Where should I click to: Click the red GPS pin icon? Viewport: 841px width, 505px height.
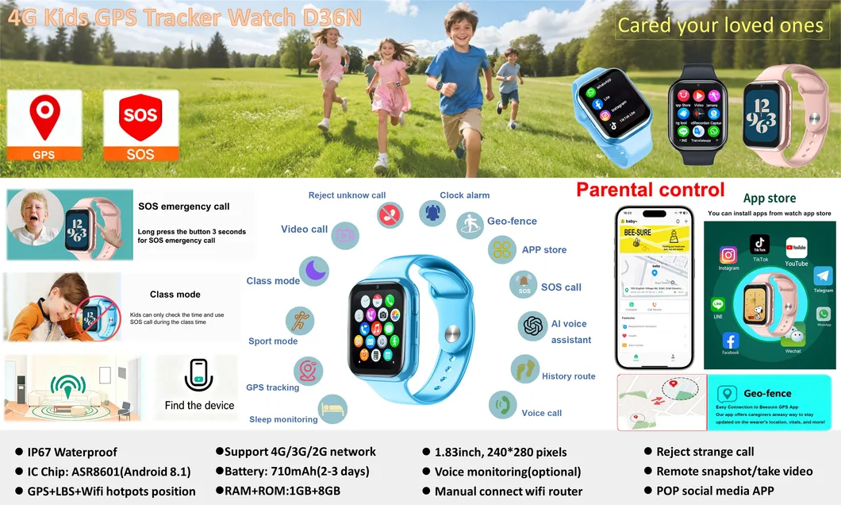[44, 117]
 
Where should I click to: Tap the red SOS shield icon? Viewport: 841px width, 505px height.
[140, 118]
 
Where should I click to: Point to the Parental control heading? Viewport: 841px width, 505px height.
[650, 190]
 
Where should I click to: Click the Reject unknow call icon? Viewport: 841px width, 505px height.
[390, 214]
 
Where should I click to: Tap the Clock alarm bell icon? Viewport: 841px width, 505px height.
[432, 213]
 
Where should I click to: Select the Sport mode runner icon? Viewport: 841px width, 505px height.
[300, 322]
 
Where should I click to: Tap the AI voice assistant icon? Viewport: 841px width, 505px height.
[534, 326]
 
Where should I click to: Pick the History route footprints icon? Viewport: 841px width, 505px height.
[524, 368]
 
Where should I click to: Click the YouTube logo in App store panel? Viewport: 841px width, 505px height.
[797, 247]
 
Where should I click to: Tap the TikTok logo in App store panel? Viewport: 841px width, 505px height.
[760, 244]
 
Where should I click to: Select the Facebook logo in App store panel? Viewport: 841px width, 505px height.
[731, 341]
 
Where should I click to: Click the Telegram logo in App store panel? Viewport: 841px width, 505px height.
[824, 276]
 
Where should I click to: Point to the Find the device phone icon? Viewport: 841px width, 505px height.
[199, 375]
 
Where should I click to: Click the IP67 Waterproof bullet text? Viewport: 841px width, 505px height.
[71, 452]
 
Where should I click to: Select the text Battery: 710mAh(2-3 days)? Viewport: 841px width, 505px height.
[291, 471]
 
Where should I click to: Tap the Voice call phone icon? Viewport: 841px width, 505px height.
[502, 405]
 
